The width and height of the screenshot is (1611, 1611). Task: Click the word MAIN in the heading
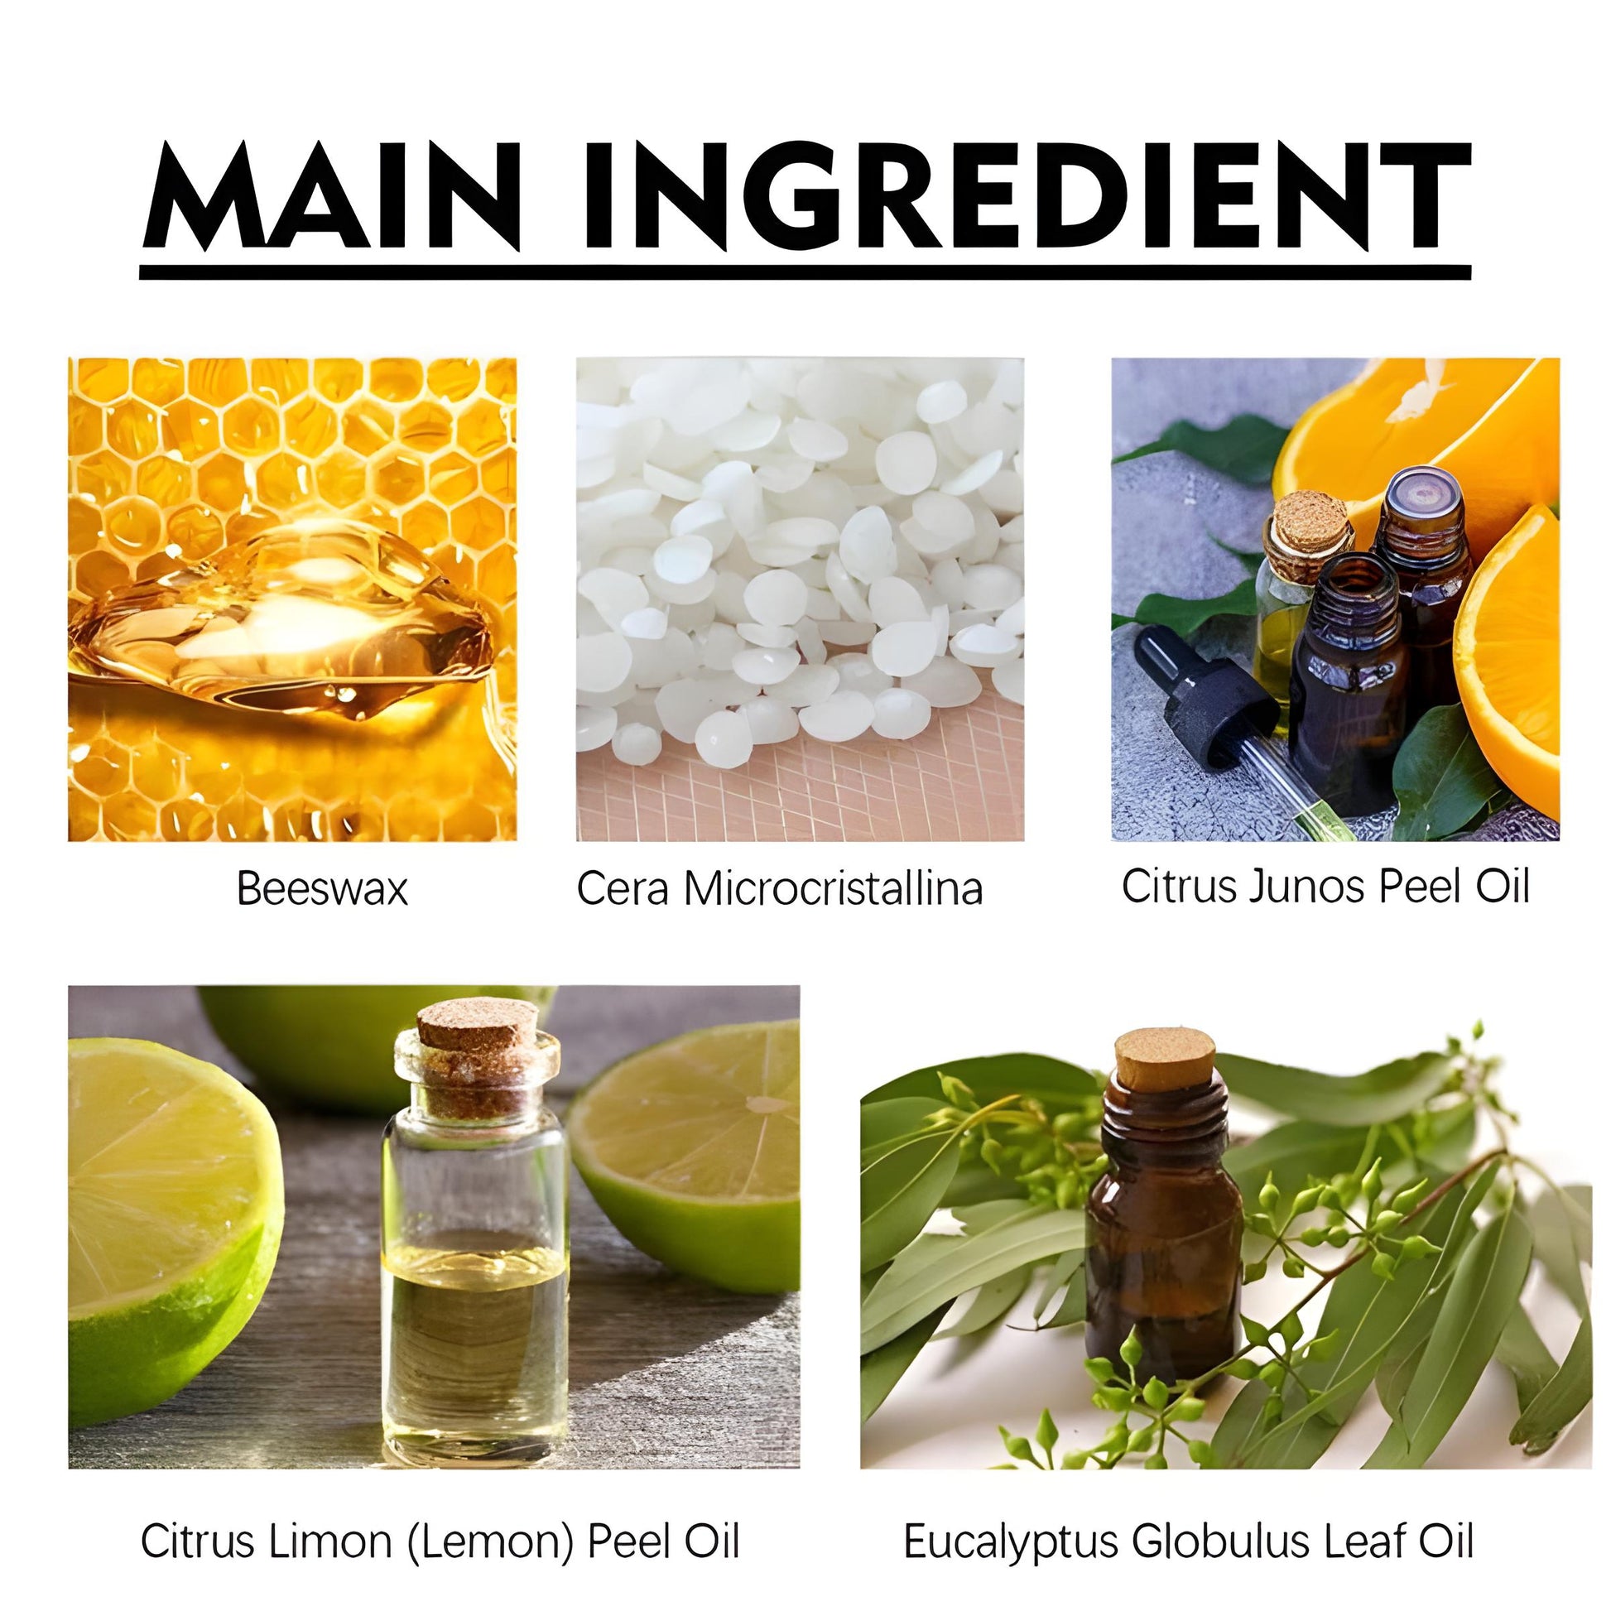pos(333,196)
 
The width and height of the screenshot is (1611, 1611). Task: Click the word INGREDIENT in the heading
pos(1026,196)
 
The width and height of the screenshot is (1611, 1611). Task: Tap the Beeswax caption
pos(322,888)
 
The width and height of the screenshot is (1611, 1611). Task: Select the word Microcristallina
pos(834,888)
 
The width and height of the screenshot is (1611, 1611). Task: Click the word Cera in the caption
pos(623,888)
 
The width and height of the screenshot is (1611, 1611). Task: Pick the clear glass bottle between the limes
pos(476,1234)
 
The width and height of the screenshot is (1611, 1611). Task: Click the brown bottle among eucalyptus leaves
pos(1163,1209)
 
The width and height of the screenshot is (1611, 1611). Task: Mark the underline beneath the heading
pos(805,272)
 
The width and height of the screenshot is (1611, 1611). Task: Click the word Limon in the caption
pos(332,1517)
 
